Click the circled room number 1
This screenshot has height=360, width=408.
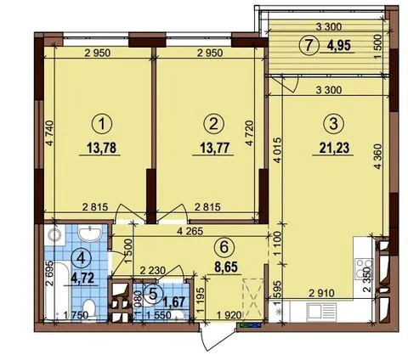102,124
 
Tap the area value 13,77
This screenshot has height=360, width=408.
213,148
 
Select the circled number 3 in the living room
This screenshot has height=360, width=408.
333,124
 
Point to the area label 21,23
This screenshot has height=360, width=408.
333,148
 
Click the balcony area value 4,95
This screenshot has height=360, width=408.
339,45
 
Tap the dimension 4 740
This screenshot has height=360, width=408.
49,133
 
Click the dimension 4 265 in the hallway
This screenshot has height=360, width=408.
190,232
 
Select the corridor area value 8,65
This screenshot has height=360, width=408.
226,267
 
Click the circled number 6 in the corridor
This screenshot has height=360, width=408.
224,247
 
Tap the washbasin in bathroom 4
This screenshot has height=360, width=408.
89,233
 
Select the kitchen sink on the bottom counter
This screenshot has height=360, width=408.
321,312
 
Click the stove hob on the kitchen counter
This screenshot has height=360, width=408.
364,270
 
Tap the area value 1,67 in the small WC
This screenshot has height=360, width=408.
176,302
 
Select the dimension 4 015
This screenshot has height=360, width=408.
278,150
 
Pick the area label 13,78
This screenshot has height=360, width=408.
102,148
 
